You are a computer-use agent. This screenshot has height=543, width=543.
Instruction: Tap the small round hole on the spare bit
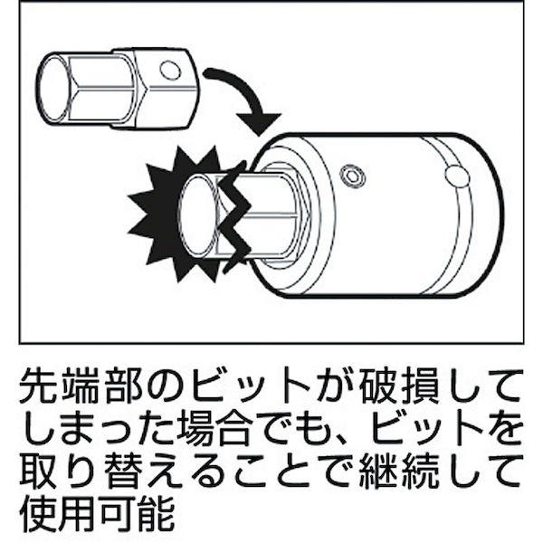click(x=168, y=70)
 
